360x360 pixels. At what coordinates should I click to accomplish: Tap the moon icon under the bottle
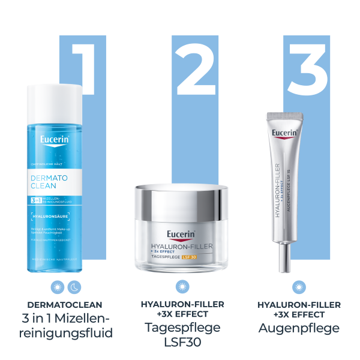73,287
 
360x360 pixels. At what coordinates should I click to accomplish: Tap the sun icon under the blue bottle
57,287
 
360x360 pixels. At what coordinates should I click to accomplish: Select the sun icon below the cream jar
179,287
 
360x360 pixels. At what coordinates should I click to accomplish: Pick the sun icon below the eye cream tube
299,287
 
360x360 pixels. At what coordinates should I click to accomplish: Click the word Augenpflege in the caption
299,328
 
